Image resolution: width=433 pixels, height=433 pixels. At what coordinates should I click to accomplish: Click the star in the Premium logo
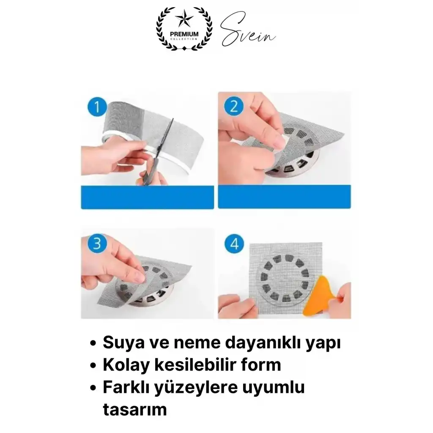(184, 19)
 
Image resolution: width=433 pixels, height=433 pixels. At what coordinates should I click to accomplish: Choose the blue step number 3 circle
(97, 244)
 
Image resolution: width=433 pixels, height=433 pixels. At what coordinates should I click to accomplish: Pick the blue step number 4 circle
(234, 244)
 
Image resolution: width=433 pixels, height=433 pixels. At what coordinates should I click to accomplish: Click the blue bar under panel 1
(147, 197)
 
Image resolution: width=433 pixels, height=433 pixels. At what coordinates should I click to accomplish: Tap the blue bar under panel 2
(284, 197)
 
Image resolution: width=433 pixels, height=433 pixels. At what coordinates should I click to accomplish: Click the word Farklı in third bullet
(124, 387)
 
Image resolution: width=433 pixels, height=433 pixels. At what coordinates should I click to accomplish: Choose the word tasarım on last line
(134, 409)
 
